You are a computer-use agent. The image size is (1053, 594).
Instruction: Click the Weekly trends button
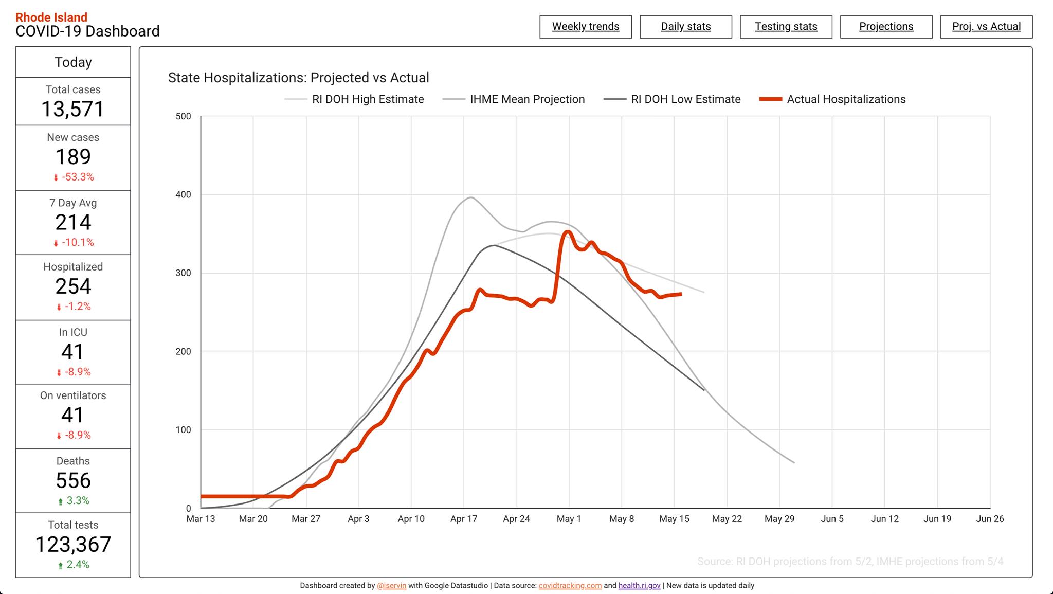(x=586, y=27)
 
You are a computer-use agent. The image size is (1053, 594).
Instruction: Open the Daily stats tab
(x=686, y=27)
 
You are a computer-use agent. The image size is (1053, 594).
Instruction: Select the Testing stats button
(x=786, y=27)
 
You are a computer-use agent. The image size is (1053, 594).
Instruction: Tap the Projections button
(x=886, y=27)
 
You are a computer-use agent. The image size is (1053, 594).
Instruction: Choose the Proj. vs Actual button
(x=987, y=27)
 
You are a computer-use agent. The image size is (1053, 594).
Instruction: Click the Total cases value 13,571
(x=73, y=109)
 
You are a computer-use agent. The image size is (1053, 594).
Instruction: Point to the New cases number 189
(x=73, y=157)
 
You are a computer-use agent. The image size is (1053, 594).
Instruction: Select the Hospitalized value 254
(x=73, y=286)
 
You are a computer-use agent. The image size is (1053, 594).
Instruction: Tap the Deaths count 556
(x=73, y=481)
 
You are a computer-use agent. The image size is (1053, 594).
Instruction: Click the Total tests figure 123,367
(x=73, y=545)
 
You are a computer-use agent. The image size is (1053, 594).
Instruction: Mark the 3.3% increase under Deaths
(x=74, y=500)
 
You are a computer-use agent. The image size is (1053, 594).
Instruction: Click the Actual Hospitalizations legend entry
(x=832, y=99)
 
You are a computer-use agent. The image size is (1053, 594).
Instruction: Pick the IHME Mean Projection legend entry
(x=514, y=99)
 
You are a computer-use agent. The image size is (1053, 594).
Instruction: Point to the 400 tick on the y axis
(x=184, y=194)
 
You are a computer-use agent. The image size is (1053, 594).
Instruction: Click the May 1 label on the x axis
(x=569, y=519)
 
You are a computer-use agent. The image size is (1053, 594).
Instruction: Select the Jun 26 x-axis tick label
(x=990, y=519)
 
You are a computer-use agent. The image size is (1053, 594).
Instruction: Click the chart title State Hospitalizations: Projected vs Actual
(x=298, y=78)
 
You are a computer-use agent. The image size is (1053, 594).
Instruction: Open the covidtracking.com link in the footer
(x=570, y=586)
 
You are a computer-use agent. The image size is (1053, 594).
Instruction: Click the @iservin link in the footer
(x=391, y=586)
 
